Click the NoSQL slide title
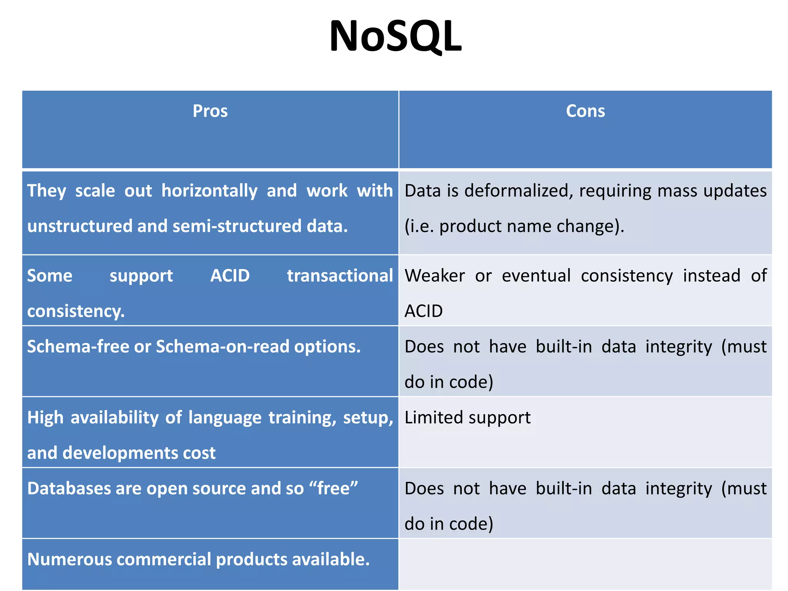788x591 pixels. point(395,37)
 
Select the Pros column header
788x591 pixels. point(210,111)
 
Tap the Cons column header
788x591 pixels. point(585,111)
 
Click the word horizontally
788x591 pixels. point(209,191)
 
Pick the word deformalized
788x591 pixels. point(518,191)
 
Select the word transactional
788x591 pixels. point(340,276)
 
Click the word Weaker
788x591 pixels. point(435,276)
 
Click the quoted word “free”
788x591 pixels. point(333,489)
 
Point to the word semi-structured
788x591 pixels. point(237,226)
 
